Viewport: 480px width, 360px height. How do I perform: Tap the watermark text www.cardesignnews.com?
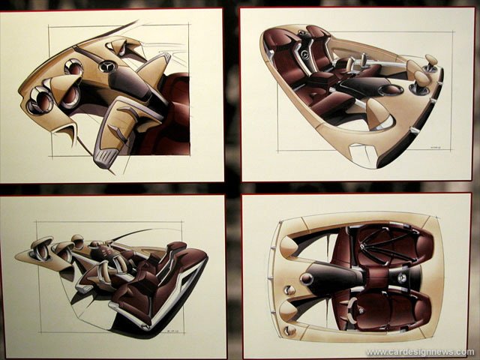pos(420,352)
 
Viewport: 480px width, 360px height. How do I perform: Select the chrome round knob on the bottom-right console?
pos(306,278)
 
